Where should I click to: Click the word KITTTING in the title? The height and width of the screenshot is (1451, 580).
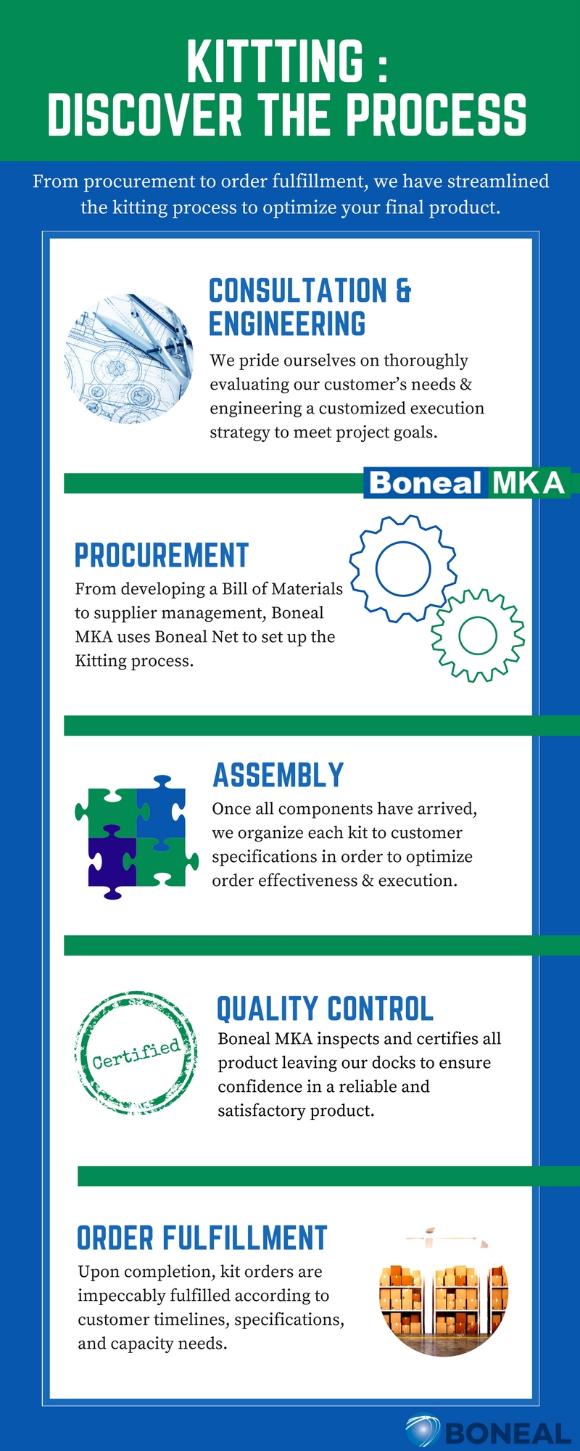coord(275,62)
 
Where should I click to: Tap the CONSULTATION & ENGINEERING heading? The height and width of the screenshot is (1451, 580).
coord(310,307)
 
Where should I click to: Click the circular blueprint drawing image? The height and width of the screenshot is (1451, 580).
coord(129,359)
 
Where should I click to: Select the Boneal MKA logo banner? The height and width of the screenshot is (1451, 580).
coord(466,483)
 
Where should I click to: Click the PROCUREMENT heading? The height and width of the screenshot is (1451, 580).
coord(162,556)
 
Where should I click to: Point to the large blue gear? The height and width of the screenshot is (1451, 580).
coord(403,568)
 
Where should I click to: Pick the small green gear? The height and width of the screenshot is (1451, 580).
coord(478,636)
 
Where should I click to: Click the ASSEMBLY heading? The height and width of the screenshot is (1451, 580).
coord(278,776)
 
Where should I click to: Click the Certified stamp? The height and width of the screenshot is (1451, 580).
coord(136,1053)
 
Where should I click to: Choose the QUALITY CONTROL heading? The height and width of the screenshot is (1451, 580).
coord(326,1009)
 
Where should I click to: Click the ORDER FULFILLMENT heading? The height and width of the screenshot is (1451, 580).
coord(202,1238)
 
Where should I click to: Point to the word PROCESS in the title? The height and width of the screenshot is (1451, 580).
coord(436,115)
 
